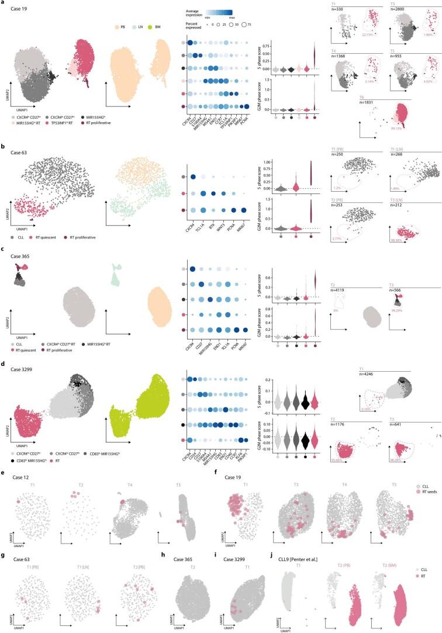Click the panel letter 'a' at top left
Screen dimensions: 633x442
point(2,3)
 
